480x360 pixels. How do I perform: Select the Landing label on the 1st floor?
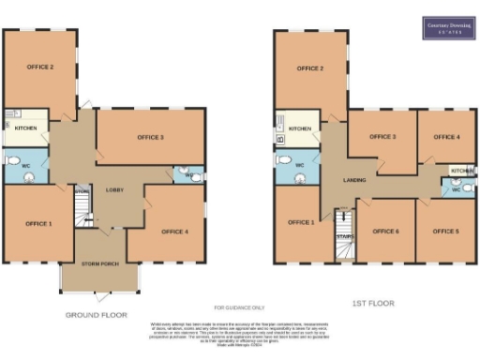point(354,180)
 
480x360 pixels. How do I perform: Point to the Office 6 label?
point(384,231)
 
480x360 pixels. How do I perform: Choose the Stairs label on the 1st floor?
point(344,236)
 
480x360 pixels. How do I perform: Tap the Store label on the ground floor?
point(82,192)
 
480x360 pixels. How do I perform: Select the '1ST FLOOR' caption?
point(374,304)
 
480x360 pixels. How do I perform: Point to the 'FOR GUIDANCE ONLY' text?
point(240,307)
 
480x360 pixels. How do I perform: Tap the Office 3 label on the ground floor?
point(150,138)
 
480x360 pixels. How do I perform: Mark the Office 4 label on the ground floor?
point(173,232)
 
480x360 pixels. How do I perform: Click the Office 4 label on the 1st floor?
point(446,137)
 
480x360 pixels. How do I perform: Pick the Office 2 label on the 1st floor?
point(310,68)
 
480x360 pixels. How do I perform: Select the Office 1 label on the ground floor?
point(38,224)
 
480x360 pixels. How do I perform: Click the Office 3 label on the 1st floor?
point(382,137)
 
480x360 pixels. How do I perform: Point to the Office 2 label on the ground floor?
point(39,67)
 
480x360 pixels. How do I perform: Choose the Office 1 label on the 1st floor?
point(301,222)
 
